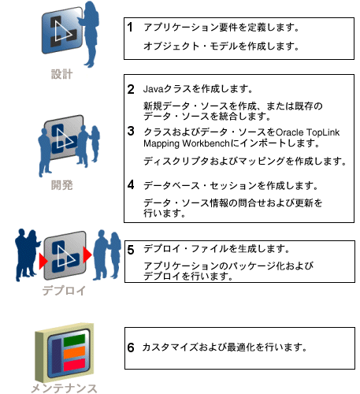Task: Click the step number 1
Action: [130, 27]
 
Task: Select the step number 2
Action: [131, 89]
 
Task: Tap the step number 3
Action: [131, 131]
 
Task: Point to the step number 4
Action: [131, 185]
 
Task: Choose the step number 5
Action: [131, 250]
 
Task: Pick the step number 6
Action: [131, 348]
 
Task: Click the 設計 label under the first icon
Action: [61, 74]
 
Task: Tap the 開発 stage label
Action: [61, 185]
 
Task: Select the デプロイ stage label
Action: [64, 291]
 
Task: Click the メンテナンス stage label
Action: [64, 388]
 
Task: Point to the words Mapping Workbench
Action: [187, 143]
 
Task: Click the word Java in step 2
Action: [154, 89]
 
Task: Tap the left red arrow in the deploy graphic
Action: [43, 261]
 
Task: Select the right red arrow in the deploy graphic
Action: [87, 255]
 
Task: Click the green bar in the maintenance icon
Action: [75, 340]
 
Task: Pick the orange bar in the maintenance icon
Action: [75, 352]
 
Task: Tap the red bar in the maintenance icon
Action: [75, 365]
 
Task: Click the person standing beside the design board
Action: [89, 34]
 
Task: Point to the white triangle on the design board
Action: [62, 31]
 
